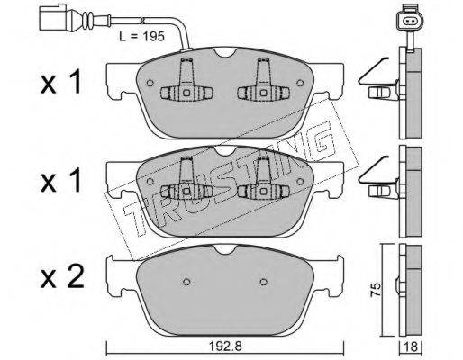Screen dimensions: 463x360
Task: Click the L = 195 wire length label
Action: (x=141, y=37)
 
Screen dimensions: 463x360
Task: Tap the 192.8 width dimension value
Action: (x=225, y=346)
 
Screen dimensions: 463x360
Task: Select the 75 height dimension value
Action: (x=375, y=290)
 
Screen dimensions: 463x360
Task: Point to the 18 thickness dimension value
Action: (x=411, y=347)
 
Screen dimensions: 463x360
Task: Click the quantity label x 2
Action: (x=62, y=277)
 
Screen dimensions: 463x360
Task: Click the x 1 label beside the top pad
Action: (x=61, y=82)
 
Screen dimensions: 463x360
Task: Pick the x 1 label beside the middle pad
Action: (x=61, y=180)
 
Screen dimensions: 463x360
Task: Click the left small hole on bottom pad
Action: (x=186, y=282)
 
